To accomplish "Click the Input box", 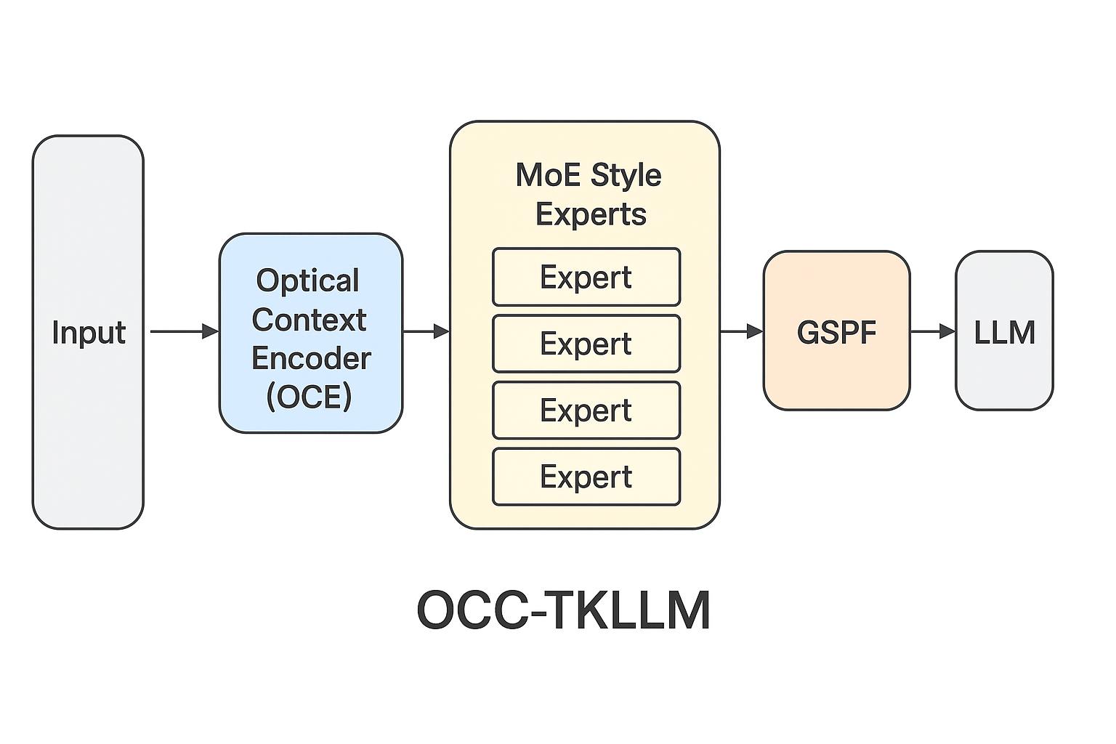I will tap(88, 332).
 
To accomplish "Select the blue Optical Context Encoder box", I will tap(311, 334).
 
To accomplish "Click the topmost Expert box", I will tap(586, 278).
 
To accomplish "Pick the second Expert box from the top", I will tap(586, 344).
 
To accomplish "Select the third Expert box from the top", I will tap(586, 411).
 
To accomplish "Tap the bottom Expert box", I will tap(586, 477).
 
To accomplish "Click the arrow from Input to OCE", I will tap(183, 331).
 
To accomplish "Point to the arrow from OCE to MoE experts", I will tap(426, 331).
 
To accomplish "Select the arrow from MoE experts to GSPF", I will tap(741, 331).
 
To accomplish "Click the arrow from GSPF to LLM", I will tap(932, 331).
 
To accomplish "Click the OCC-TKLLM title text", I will tap(563, 610).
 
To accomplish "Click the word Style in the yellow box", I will tap(626, 175).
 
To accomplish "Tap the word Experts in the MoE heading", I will tap(591, 214).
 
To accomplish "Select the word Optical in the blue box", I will tap(307, 281).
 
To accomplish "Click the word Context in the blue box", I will tap(310, 320).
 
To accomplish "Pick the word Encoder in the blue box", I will tap(311, 358).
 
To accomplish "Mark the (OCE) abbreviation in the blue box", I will tap(310, 397).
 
